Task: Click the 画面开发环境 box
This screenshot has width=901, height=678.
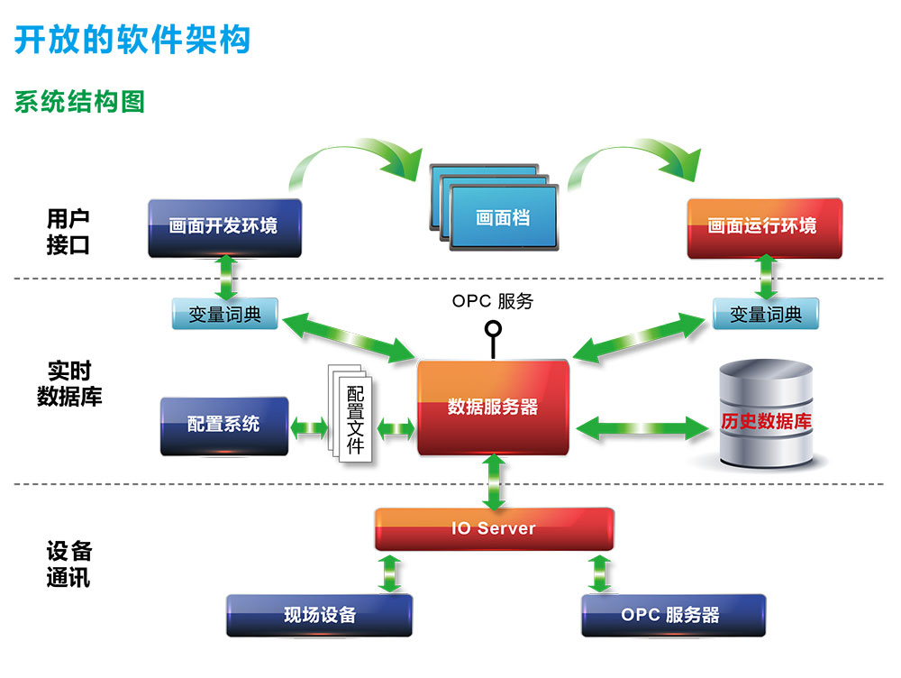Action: [223, 227]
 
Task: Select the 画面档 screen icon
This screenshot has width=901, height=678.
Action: [502, 217]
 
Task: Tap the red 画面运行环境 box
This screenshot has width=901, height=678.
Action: [764, 227]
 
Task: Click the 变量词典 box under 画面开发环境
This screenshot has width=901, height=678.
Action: [224, 315]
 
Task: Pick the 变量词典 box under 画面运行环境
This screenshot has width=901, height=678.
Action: [766, 315]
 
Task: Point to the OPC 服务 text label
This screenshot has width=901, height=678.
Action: [492, 301]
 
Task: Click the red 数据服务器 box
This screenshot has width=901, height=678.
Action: [493, 407]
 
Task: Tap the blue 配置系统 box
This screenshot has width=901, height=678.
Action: [223, 425]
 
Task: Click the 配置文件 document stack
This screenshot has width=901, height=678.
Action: [352, 416]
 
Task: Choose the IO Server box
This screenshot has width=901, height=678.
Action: [494, 528]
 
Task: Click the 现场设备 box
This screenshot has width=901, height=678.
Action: [320, 615]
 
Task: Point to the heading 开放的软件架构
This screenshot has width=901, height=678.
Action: [132, 40]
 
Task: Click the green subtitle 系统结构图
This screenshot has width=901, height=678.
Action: [79, 102]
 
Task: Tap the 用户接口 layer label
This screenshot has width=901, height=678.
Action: [68, 232]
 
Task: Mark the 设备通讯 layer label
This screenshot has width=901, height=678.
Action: [68, 564]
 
